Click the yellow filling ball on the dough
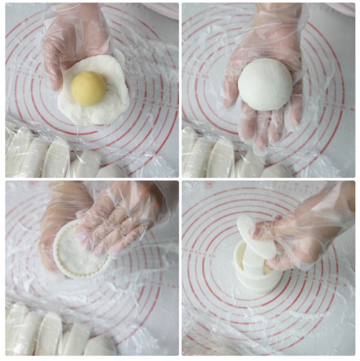coord(88,88)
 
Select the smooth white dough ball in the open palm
coord(265,84)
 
